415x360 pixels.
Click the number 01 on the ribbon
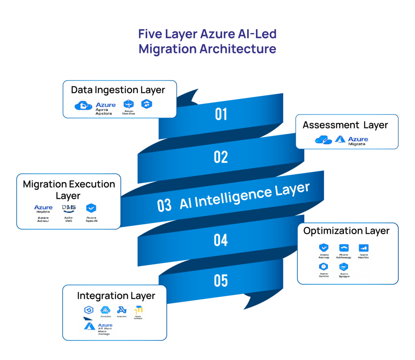221,115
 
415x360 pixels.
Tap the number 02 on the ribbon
221,157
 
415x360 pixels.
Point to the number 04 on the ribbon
221,241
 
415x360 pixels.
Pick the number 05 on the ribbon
221,280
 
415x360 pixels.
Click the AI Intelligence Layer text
244,196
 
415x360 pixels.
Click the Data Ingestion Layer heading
118,90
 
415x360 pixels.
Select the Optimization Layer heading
346,231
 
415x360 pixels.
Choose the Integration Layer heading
116,296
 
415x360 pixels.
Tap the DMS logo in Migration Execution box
69,208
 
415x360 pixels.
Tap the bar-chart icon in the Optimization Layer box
364,248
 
